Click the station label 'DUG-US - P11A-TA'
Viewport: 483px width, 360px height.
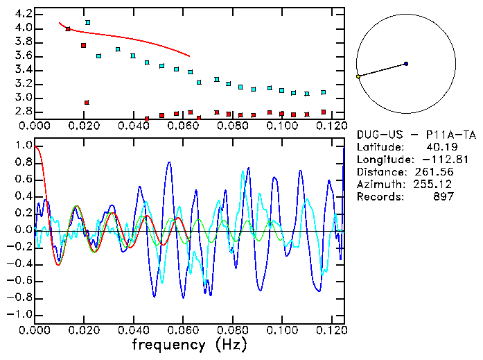pyautogui.click(x=405, y=135)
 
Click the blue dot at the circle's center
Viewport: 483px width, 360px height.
pyautogui.click(x=406, y=64)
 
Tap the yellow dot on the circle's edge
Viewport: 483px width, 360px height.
pyautogui.click(x=358, y=76)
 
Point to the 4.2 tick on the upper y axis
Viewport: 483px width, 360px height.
pyautogui.click(x=23, y=14)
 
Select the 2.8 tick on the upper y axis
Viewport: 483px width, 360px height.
pyautogui.click(x=23, y=112)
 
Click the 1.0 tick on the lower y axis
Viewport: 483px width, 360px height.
pyautogui.click(x=23, y=146)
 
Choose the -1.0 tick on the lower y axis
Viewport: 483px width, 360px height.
pyautogui.click(x=20, y=314)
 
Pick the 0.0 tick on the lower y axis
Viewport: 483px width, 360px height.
pyautogui.click(x=23, y=230)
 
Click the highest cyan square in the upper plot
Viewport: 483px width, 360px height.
pyautogui.click(x=87, y=22)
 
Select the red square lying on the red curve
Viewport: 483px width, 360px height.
pyautogui.click(x=68, y=29)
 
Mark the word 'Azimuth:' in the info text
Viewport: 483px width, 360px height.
pyautogui.click(x=378, y=185)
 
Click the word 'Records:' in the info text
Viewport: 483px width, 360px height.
pyautogui.click(x=378, y=197)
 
